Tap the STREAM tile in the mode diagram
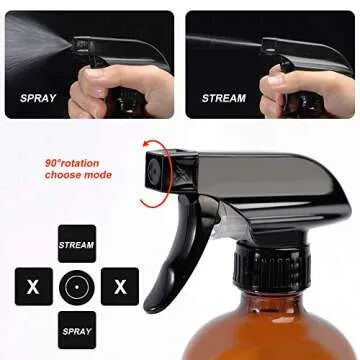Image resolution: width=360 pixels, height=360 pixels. point(77,243)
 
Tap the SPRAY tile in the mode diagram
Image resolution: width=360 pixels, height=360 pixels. point(77,329)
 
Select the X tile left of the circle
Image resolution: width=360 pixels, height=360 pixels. point(34,286)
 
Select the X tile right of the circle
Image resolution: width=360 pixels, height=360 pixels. point(120,286)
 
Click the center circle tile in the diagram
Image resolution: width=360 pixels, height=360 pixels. point(77,286)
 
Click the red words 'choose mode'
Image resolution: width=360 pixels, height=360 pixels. point(76,176)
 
